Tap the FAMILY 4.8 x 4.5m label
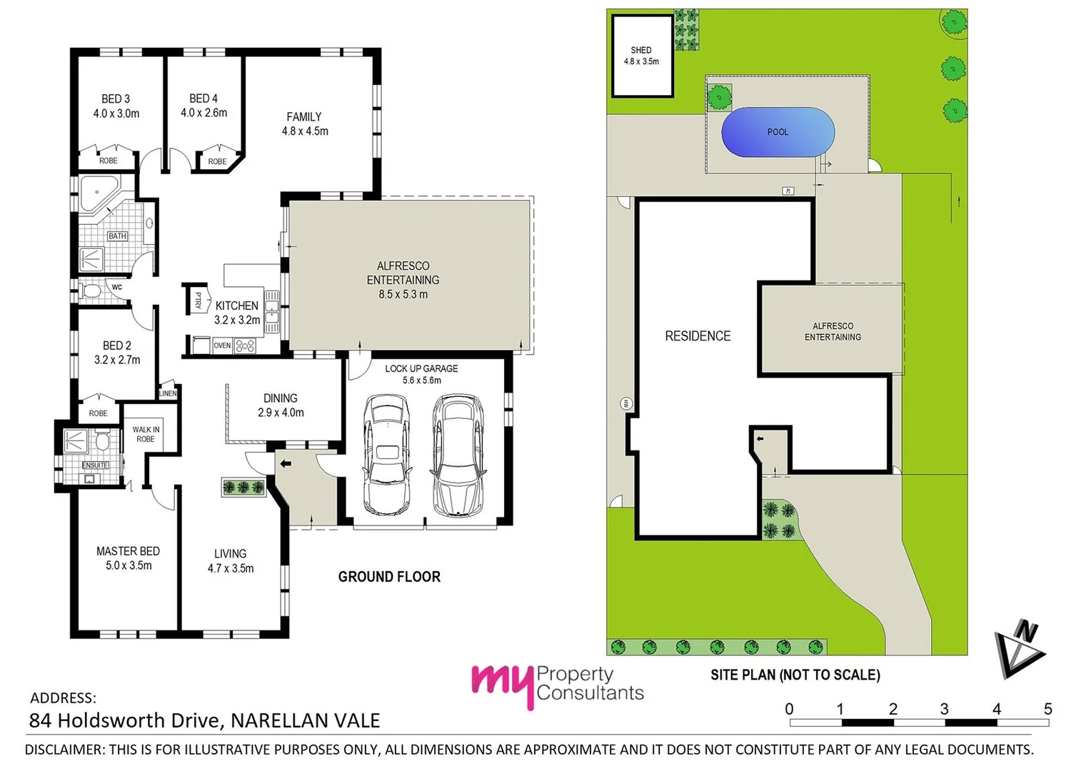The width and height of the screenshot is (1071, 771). click(x=305, y=124)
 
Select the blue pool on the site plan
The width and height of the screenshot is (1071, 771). click(x=778, y=132)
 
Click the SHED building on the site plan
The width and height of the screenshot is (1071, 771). click(x=641, y=56)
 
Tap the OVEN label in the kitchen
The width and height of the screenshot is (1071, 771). click(x=222, y=346)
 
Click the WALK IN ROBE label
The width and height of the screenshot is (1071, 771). click(x=146, y=434)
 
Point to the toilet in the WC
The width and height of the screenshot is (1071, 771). click(x=91, y=291)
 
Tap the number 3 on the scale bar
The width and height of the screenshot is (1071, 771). click(x=944, y=709)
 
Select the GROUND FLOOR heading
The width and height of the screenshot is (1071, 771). click(x=389, y=577)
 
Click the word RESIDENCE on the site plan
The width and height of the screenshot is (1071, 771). click(x=698, y=336)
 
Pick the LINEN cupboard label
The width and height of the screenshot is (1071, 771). click(x=168, y=393)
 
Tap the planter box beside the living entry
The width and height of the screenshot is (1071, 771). click(x=243, y=488)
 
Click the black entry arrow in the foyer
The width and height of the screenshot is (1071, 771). click(x=286, y=464)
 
